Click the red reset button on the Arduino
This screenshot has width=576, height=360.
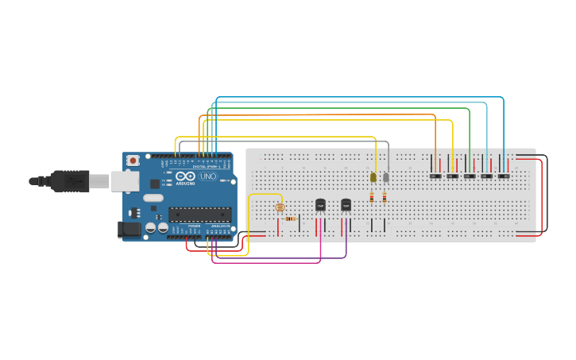(x=133, y=161)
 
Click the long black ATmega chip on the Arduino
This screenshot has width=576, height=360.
(x=199, y=214)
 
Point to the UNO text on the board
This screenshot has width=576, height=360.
(x=207, y=176)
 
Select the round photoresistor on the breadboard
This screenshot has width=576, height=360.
(x=279, y=207)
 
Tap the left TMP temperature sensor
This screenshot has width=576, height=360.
(x=320, y=205)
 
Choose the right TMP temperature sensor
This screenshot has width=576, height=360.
(x=346, y=205)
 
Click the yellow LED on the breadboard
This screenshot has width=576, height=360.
(x=373, y=177)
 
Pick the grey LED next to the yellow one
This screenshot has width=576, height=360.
(x=386, y=177)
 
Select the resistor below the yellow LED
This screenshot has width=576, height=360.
(x=372, y=196)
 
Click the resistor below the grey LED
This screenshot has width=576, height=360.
(x=385, y=196)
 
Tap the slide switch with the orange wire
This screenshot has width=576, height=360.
(x=435, y=176)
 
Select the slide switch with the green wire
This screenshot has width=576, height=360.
(x=470, y=176)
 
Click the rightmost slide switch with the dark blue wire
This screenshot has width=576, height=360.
(x=504, y=176)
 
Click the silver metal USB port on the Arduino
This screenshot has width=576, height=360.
(x=125, y=181)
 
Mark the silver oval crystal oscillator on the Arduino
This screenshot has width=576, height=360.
(x=153, y=197)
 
